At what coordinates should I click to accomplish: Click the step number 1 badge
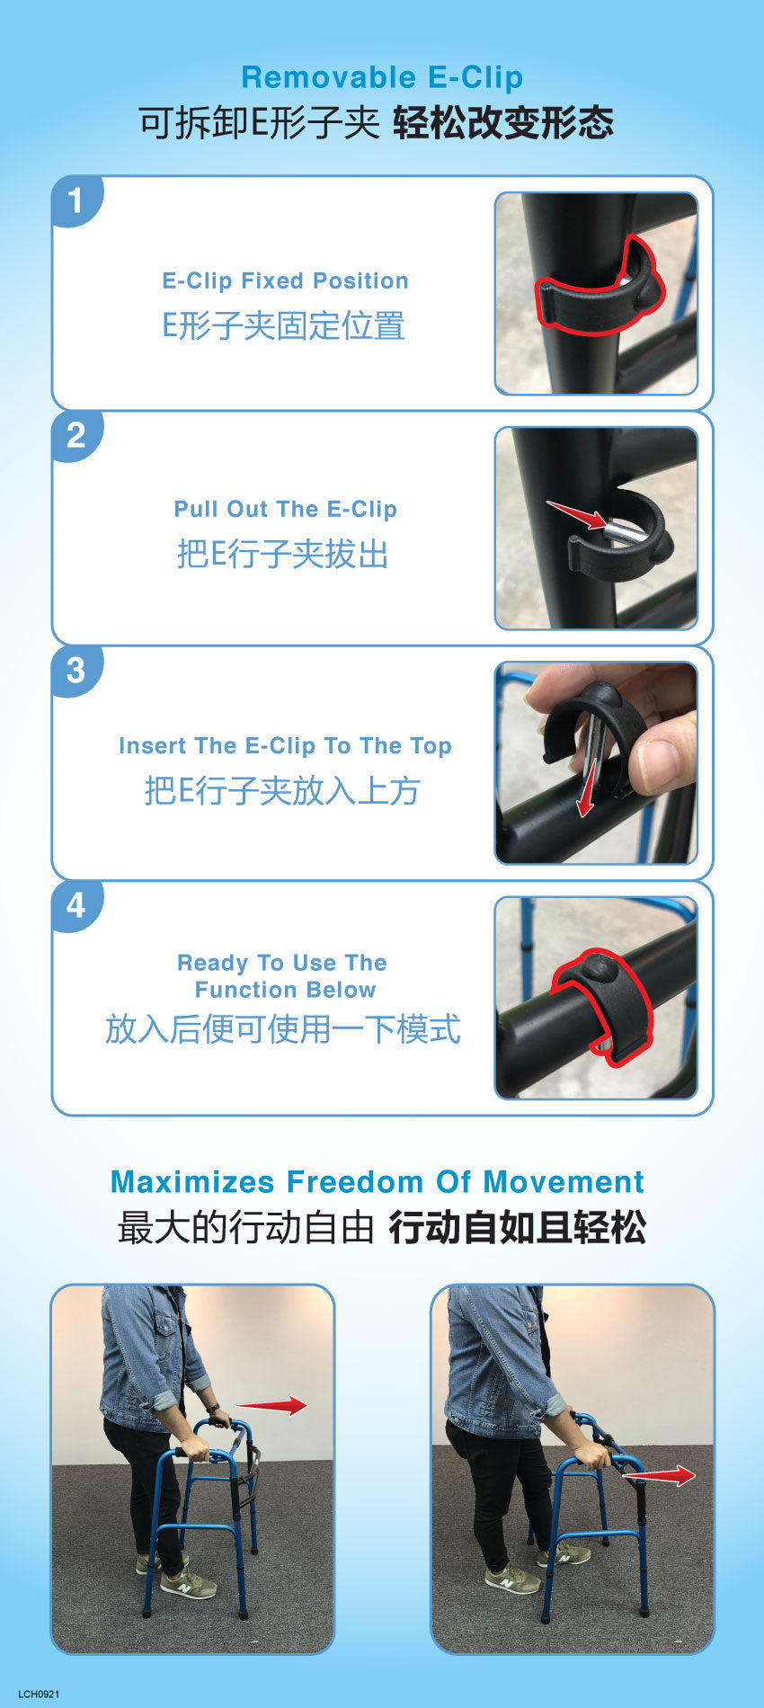[76, 200]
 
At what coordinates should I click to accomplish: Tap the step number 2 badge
[76, 435]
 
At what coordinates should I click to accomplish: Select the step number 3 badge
[76, 671]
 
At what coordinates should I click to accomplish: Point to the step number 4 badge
[76, 905]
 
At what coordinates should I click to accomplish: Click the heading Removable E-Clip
[382, 77]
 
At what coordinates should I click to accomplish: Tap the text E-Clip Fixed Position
[285, 280]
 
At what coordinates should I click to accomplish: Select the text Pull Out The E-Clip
[285, 509]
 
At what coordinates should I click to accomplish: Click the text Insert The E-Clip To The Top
[285, 746]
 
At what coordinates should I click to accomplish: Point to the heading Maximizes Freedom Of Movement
[378, 1181]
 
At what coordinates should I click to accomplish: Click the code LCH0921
[39, 1695]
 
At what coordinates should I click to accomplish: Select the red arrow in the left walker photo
[271, 1406]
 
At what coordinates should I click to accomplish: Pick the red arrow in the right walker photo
[659, 1475]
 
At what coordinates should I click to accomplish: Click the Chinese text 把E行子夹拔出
[283, 554]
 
